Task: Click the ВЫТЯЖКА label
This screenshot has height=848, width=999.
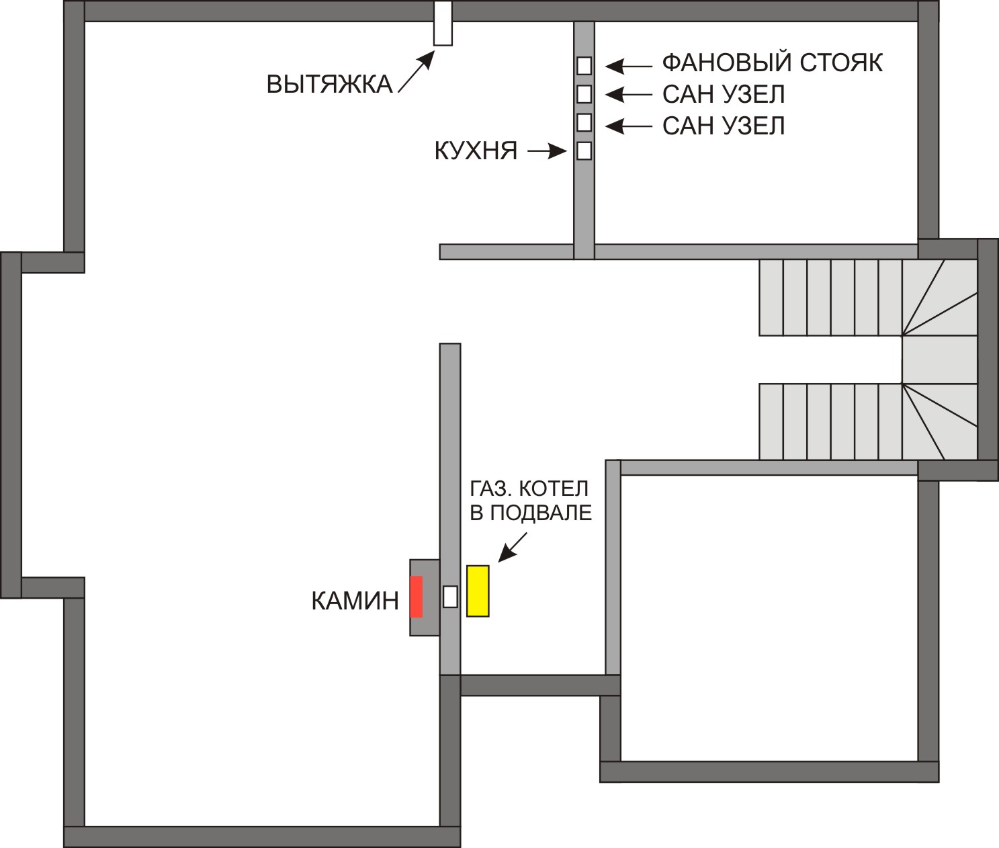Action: pos(329,84)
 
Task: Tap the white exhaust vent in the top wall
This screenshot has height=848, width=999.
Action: pos(443,24)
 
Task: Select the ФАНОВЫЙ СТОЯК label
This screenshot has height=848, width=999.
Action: pos(773,63)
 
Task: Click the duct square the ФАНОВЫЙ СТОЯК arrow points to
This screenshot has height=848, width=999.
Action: pos(584,65)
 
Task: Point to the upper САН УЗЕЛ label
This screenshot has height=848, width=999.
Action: pos(724,95)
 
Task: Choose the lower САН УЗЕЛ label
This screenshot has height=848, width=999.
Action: pos(724,126)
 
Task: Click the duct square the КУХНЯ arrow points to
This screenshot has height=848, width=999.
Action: pos(584,151)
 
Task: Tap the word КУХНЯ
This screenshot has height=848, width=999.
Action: pos(476,151)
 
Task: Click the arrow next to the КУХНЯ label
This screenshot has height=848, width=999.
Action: pos(547,152)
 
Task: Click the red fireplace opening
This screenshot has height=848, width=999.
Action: pos(416,597)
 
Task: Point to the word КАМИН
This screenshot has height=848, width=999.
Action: pos(355,601)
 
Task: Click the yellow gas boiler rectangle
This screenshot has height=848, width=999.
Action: pos(478,591)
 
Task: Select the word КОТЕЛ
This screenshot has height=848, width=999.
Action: pos(554,489)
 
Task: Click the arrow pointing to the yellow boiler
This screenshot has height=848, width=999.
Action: pos(513,547)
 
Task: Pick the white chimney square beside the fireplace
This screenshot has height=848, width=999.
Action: pos(450,597)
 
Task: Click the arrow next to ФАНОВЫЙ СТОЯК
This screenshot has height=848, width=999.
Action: pos(628,67)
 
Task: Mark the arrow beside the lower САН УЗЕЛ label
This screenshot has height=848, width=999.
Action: pos(628,127)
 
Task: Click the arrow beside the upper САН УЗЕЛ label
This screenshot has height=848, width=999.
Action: pos(628,95)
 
